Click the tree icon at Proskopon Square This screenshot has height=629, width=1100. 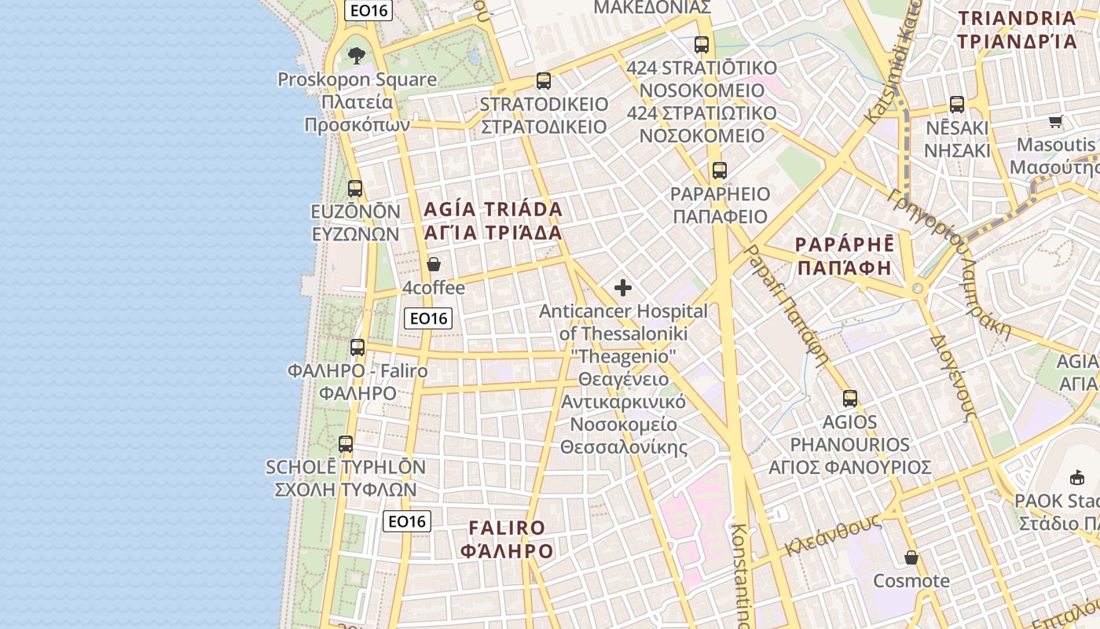(x=357, y=55)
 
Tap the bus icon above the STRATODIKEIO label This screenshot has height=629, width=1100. (x=543, y=80)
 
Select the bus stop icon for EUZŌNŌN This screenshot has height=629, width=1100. (x=355, y=188)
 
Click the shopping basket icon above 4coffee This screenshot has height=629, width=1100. (x=433, y=264)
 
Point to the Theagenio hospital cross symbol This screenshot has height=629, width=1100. (x=623, y=288)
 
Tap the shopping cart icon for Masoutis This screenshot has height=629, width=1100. (x=1055, y=121)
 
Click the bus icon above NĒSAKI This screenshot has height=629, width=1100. (x=956, y=104)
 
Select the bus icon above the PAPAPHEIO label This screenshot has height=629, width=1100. (x=719, y=170)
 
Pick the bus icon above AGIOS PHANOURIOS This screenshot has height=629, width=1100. (x=849, y=398)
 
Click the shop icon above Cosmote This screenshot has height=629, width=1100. (x=911, y=557)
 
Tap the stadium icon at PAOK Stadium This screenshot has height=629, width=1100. (x=1076, y=476)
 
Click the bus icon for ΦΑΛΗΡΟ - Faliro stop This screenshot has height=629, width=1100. (x=357, y=347)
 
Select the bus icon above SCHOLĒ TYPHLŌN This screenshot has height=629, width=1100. (x=346, y=444)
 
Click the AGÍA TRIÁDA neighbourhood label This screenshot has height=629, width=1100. (x=493, y=221)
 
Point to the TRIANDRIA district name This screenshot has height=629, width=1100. (x=1017, y=30)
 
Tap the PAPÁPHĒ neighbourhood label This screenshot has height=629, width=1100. (x=845, y=256)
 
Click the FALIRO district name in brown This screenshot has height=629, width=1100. (x=507, y=539)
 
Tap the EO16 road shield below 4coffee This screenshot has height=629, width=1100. (x=429, y=318)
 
